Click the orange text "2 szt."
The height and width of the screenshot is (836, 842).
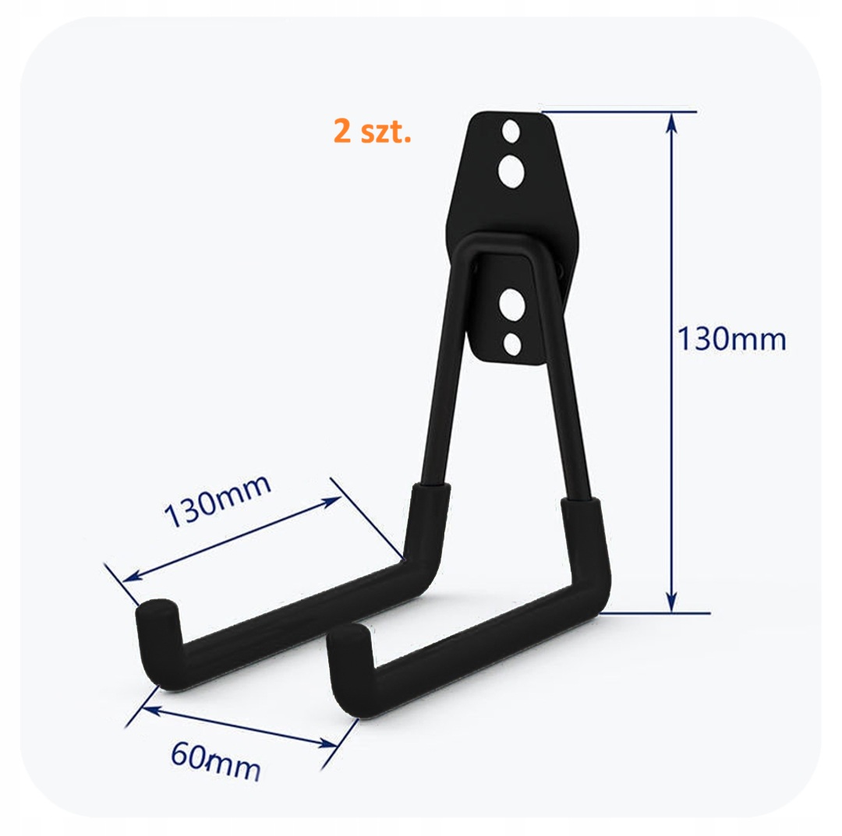[372, 131]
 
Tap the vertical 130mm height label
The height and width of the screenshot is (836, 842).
[731, 339]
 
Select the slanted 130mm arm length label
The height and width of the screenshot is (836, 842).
[218, 501]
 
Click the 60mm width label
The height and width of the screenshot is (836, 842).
[216, 762]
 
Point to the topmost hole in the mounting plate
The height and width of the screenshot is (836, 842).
[511, 132]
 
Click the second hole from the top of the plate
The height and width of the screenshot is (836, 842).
[511, 171]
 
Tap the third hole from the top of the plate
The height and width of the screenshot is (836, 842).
[511, 304]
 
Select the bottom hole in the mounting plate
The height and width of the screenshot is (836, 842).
[513, 344]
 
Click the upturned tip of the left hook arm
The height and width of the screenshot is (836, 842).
[156, 612]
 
